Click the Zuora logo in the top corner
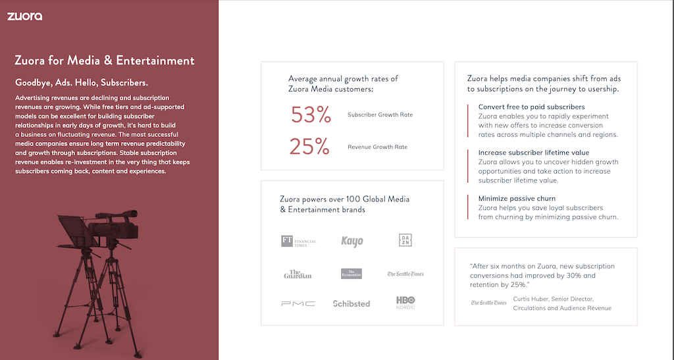click(x=24, y=16)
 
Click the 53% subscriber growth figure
click(x=311, y=115)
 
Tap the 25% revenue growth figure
click(x=310, y=147)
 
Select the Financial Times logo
click(x=299, y=242)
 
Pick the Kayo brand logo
click(x=352, y=242)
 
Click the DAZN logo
click(x=405, y=240)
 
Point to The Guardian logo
click(x=298, y=274)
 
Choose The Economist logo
click(x=351, y=273)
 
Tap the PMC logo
click(x=298, y=303)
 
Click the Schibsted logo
click(x=351, y=303)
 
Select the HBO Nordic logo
click(x=405, y=302)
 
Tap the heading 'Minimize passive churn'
click(x=517, y=198)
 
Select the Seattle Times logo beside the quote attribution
click(x=489, y=303)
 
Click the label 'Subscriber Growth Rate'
click(x=380, y=115)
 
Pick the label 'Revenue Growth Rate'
click(x=377, y=147)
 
